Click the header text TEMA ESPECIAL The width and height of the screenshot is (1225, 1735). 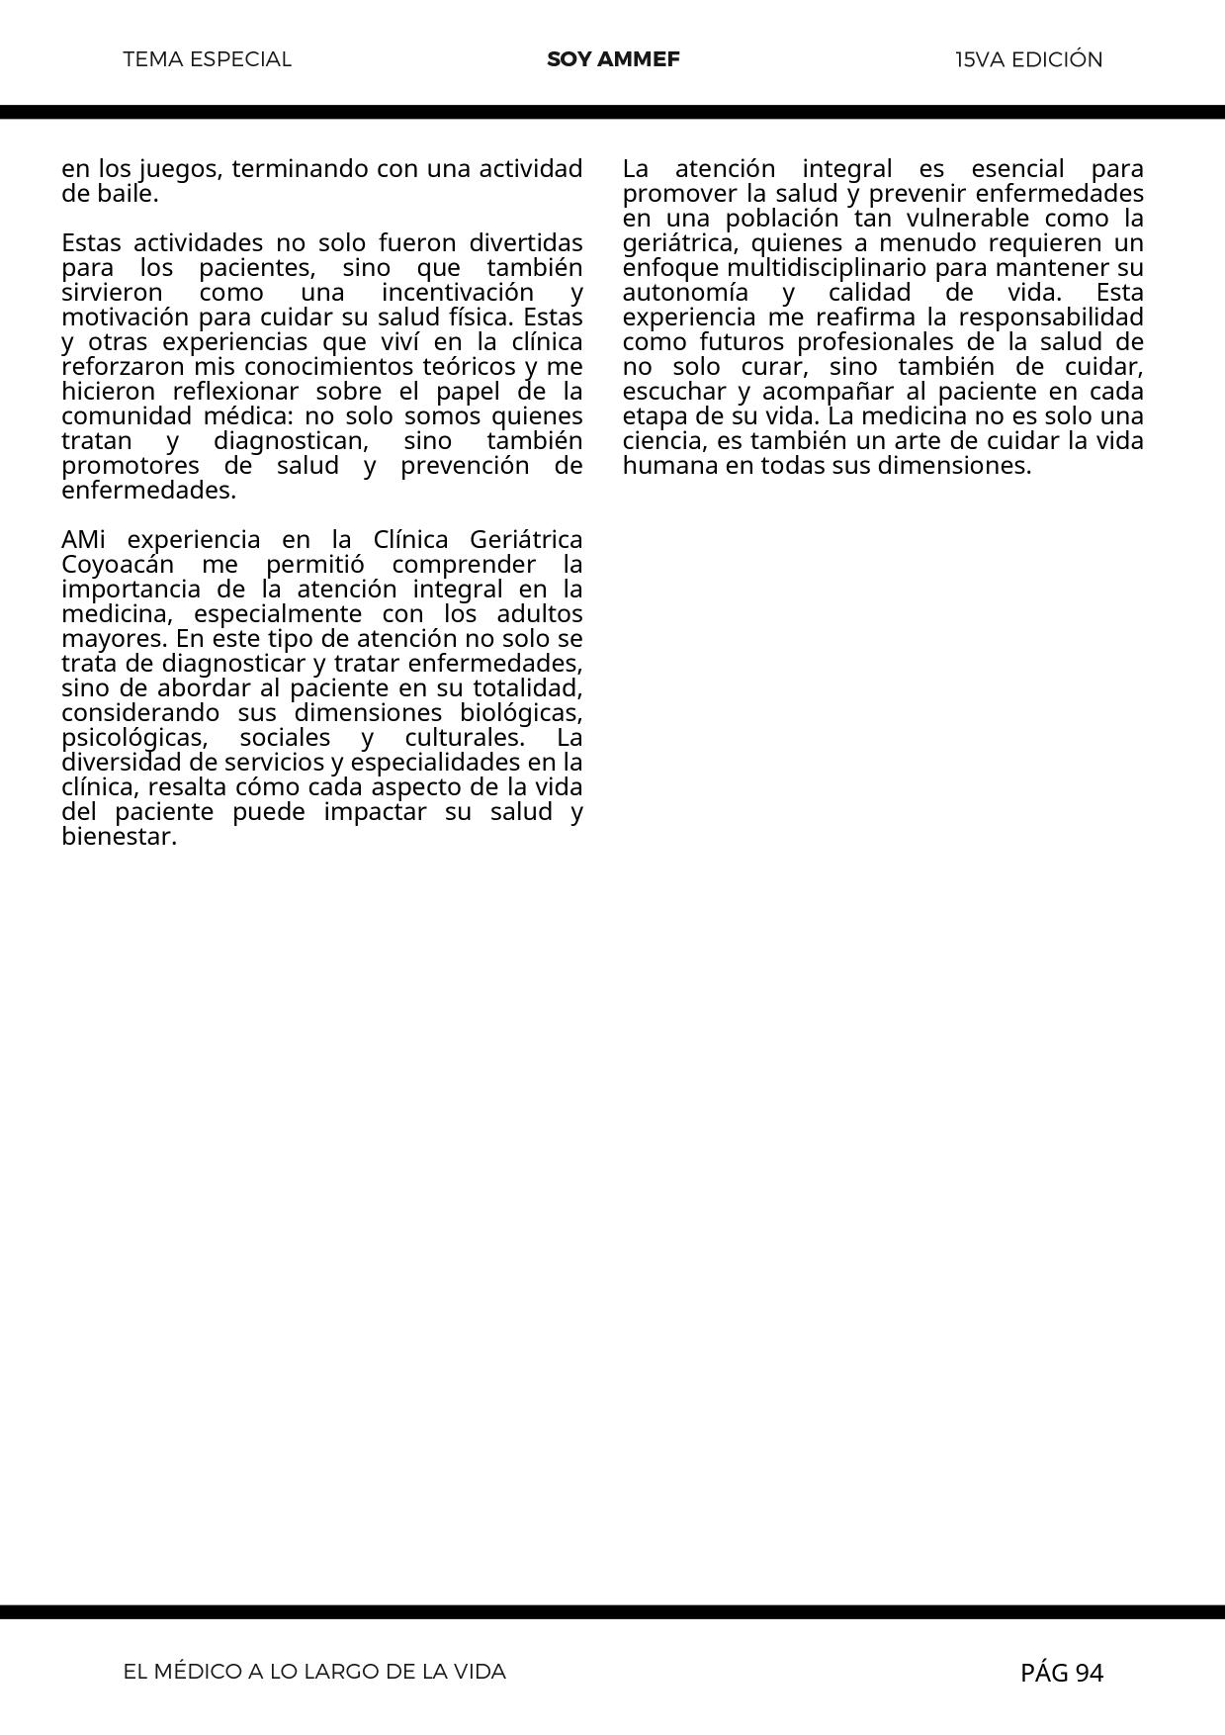[x=208, y=59]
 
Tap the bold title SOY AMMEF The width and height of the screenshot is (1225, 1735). [x=613, y=59]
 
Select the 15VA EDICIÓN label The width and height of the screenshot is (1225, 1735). [x=1028, y=59]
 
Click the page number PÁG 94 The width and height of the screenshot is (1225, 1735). [x=1062, y=1673]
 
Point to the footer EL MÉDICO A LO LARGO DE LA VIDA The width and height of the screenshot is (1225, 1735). [x=314, y=1672]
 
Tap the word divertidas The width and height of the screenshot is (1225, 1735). [x=525, y=243]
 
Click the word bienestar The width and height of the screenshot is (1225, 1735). [x=119, y=837]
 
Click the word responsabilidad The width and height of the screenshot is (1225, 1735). [x=1051, y=318]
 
